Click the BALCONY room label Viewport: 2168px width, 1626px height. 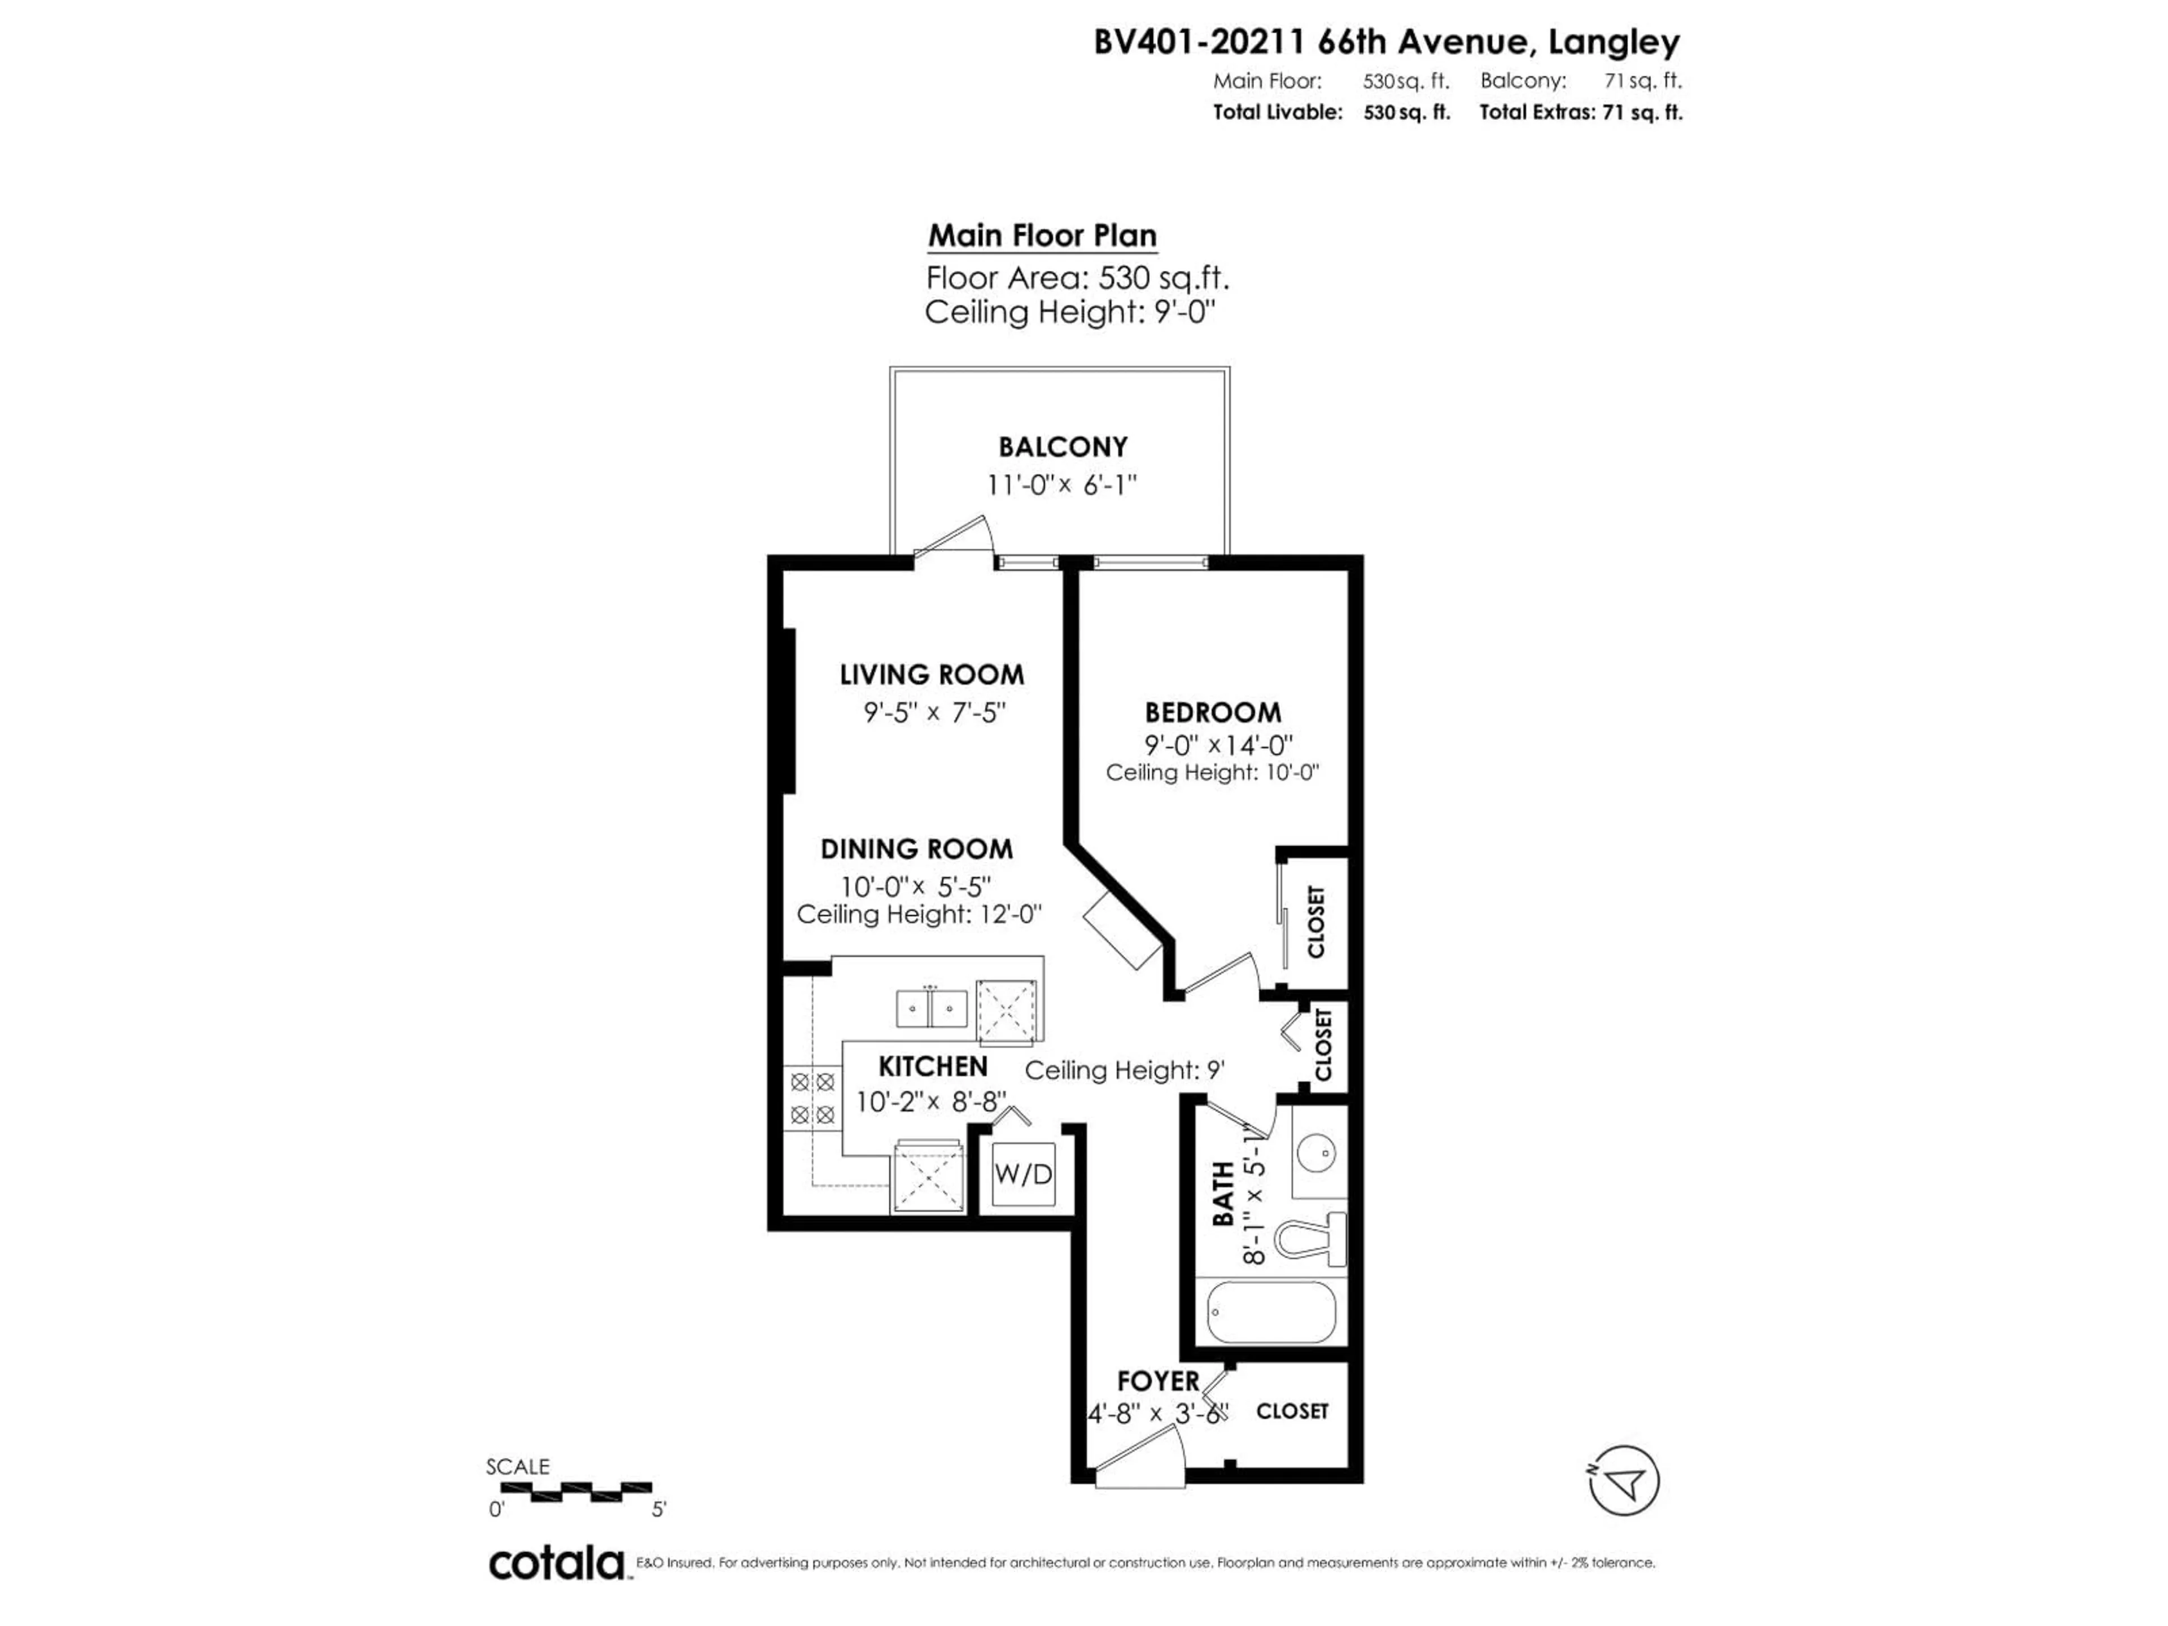1063,447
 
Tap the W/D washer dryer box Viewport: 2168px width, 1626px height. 1023,1174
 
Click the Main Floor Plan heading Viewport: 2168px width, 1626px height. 1042,235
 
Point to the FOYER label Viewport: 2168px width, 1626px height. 1159,1381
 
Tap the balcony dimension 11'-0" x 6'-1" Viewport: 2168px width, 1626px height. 1061,484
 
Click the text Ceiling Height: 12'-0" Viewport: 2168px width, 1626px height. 919,915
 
